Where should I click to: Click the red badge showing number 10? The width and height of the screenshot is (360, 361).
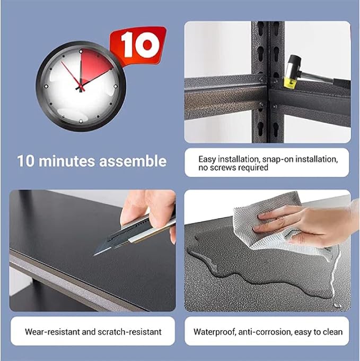pos(139,45)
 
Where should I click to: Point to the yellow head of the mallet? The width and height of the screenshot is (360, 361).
pos(290,83)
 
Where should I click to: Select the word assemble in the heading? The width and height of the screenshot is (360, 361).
pos(133,161)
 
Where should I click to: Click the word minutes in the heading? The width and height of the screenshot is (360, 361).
pos(67,161)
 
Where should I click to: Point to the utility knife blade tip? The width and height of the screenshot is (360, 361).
pos(94,255)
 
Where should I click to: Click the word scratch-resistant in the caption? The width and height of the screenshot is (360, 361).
pos(129,332)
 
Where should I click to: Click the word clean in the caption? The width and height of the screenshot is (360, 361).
pos(332,332)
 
